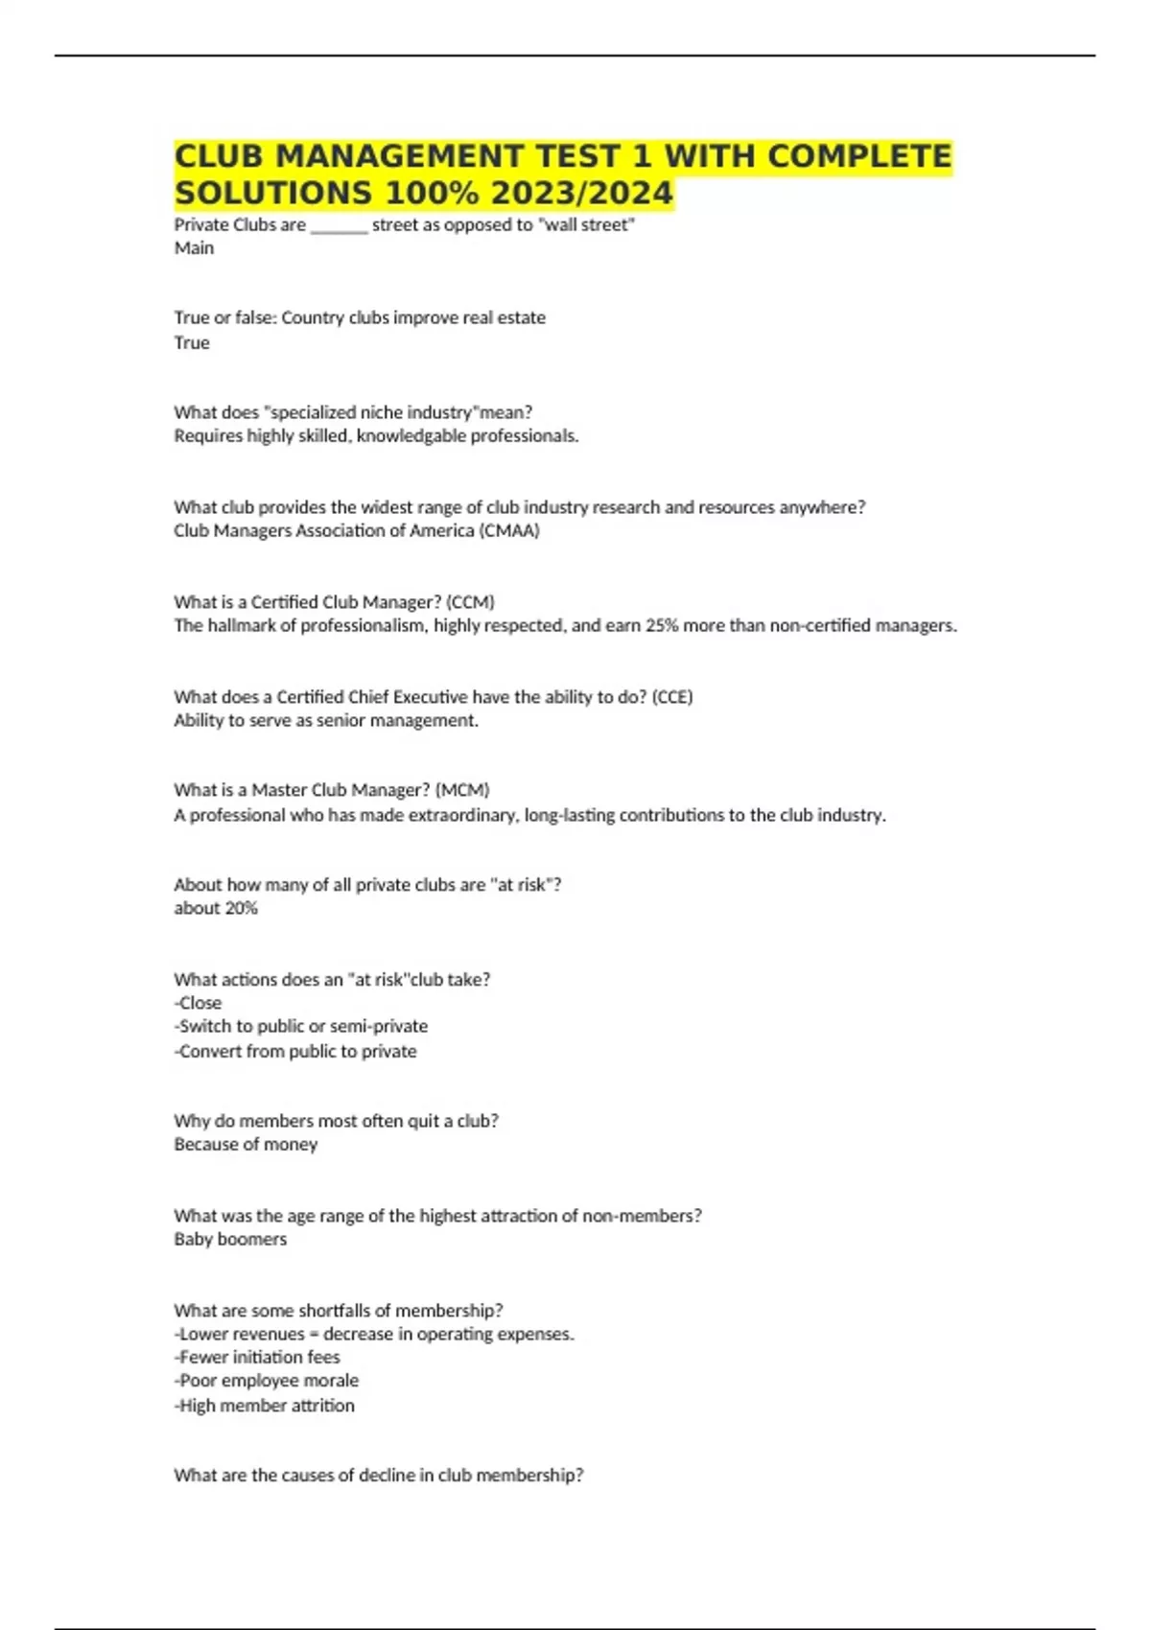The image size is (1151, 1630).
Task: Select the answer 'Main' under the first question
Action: coord(194,248)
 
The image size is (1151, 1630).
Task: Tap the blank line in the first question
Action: coord(339,226)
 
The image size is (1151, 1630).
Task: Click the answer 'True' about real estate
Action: coord(192,342)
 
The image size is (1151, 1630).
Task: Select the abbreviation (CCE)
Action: coord(671,697)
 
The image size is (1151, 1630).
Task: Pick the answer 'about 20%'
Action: coord(216,908)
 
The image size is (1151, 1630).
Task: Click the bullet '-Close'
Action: coord(198,1003)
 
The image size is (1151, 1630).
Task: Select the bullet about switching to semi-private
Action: coord(301,1026)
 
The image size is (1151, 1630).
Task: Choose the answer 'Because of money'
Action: coord(246,1144)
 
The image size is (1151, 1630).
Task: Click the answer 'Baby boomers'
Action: coord(230,1239)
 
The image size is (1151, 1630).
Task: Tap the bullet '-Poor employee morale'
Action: coord(267,1381)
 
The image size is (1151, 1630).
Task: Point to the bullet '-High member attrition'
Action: coord(265,1406)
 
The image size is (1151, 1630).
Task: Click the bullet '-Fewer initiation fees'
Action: coord(257,1357)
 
